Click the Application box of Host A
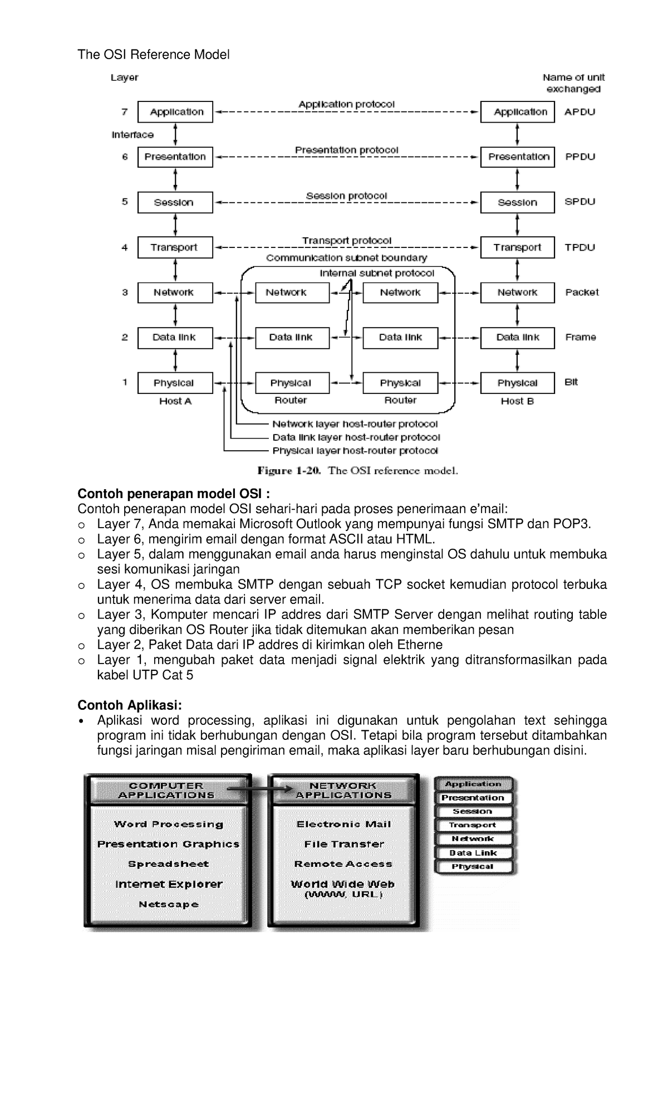[x=175, y=112]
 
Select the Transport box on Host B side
[x=517, y=247]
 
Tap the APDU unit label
[x=579, y=112]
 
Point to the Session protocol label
[x=346, y=196]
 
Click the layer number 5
[x=125, y=202]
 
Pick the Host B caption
[x=517, y=401]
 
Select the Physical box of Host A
[x=175, y=383]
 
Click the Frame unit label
[x=581, y=337]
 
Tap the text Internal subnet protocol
[x=377, y=273]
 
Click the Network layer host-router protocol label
[x=355, y=425]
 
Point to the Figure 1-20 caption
[x=357, y=471]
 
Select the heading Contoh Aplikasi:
[x=130, y=705]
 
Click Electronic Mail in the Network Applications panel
[x=343, y=824]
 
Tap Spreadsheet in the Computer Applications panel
[x=168, y=864]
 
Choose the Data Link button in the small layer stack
[x=473, y=853]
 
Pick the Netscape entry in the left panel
[x=168, y=904]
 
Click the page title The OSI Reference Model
[x=153, y=55]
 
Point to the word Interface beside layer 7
[x=132, y=135]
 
